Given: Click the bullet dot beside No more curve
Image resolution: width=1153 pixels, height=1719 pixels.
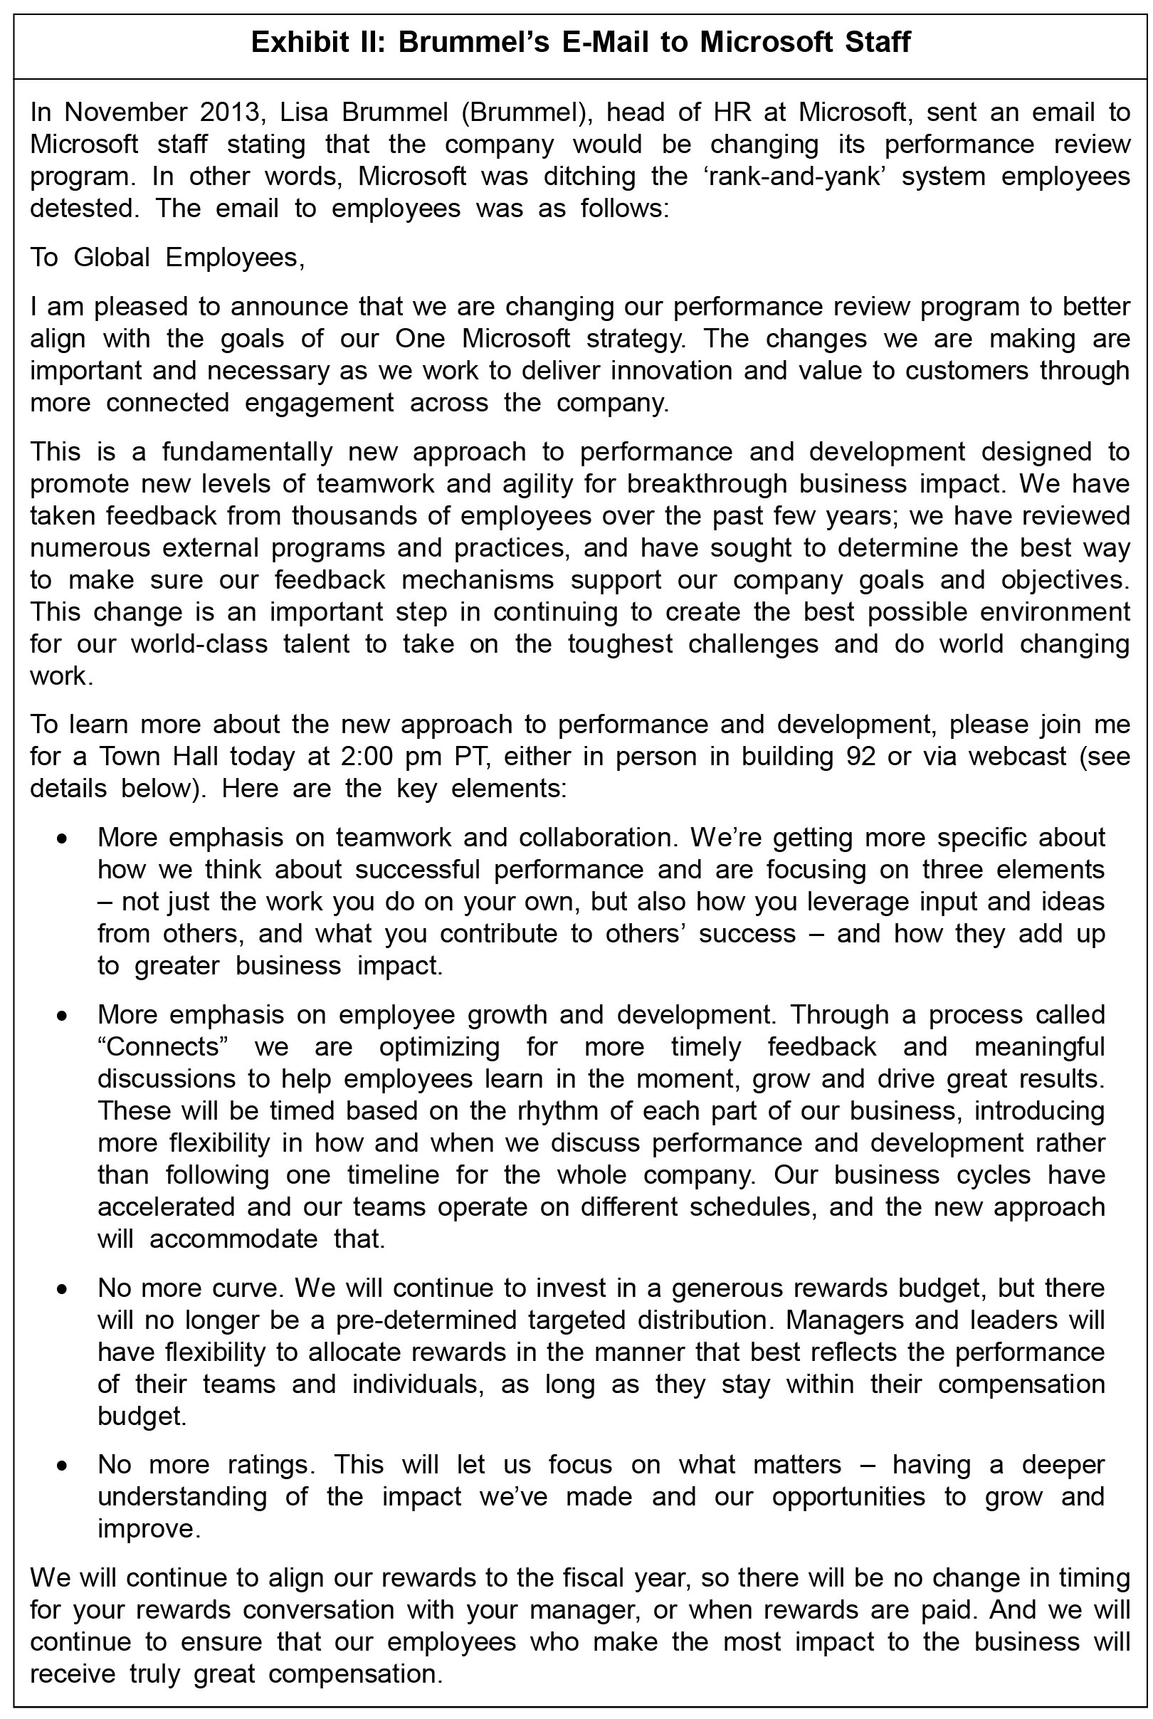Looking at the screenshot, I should coord(64,1290).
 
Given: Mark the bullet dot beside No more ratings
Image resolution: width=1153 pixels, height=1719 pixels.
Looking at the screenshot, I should coord(64,1467).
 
